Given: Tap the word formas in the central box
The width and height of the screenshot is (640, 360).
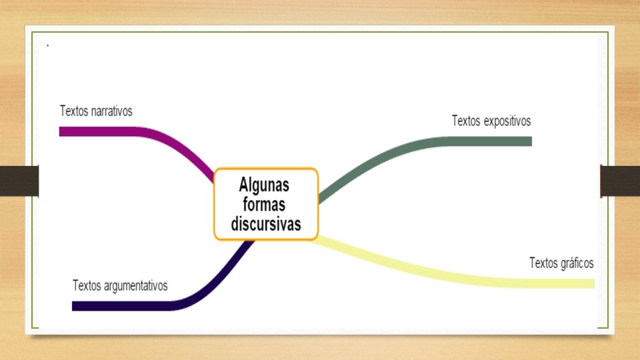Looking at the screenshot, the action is click(x=266, y=204).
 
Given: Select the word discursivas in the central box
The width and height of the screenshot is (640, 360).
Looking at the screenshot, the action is click(x=266, y=223).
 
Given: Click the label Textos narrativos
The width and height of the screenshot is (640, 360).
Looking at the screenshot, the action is click(x=96, y=111).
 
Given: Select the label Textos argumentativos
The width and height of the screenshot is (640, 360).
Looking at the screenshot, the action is click(x=120, y=286).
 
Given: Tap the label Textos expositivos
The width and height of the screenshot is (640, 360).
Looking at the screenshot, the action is click(x=491, y=121).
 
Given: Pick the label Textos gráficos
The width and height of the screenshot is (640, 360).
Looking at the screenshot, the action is click(x=561, y=263).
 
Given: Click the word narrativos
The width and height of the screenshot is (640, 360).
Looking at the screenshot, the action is click(x=111, y=111).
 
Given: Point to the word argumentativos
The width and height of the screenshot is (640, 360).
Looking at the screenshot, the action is click(x=135, y=286).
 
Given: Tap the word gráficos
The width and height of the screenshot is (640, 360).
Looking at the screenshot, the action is click(x=577, y=263).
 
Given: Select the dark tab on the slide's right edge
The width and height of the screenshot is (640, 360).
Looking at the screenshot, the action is click(x=620, y=181).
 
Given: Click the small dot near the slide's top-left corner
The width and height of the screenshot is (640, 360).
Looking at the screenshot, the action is click(x=47, y=45).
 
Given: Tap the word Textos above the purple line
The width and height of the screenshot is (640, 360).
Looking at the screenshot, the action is click(x=73, y=111).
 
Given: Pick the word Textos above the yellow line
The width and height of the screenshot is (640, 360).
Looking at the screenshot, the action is click(x=543, y=263).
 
